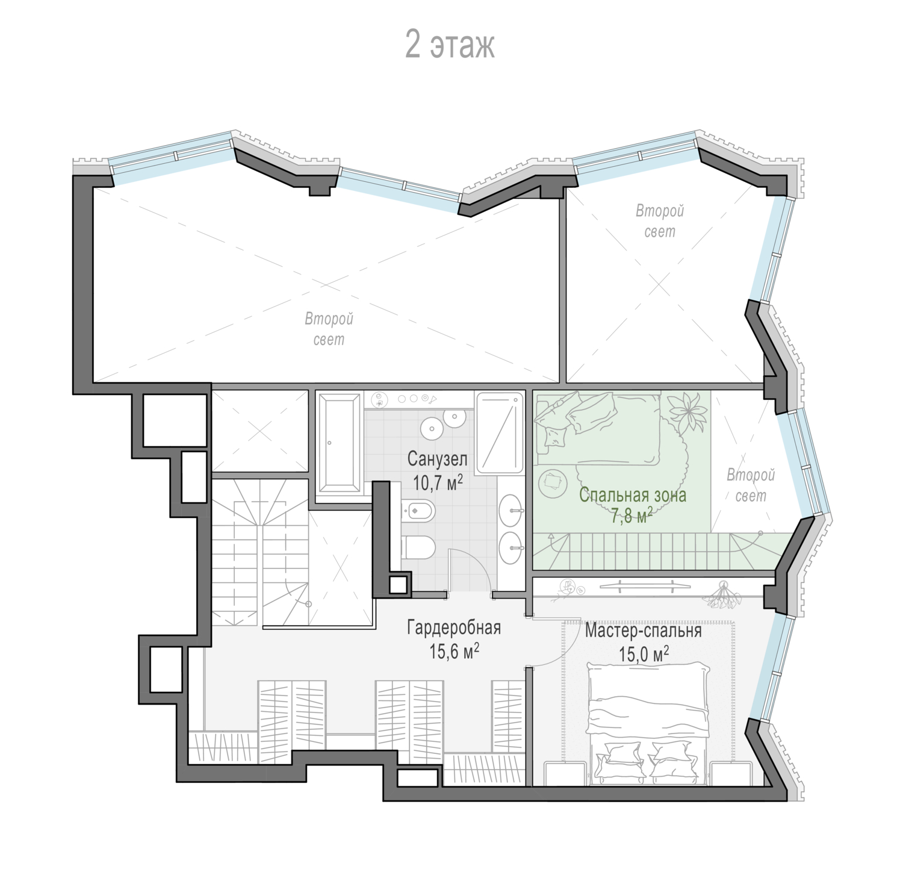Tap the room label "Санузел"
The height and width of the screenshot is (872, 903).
437,459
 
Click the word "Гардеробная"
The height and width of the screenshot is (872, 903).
454,628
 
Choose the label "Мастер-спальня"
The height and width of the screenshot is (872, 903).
644,631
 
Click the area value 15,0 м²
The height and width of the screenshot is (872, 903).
644,653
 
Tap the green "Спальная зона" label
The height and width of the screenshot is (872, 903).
632,496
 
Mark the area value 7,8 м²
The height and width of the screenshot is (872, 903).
632,516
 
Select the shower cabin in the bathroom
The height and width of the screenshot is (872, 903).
500,434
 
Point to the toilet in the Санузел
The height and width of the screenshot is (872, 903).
418,547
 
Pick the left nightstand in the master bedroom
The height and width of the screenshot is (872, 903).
565,773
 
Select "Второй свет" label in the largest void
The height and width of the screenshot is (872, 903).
329,329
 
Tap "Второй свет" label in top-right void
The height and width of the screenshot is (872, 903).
660,221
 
